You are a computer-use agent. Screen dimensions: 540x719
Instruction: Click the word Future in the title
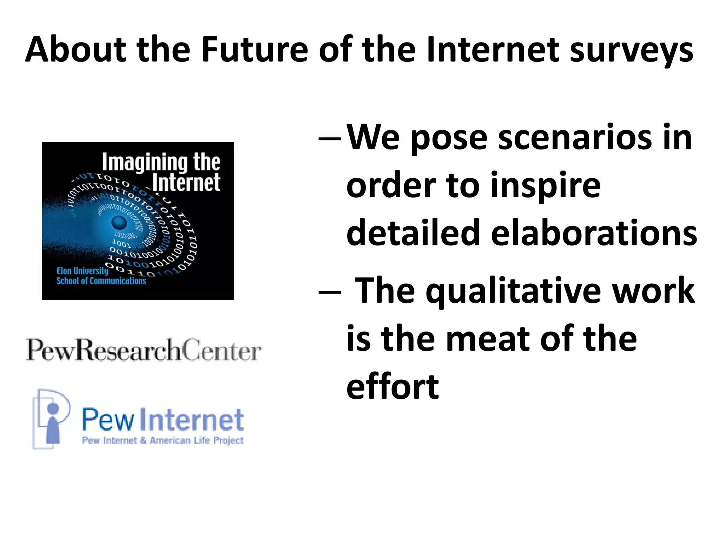tap(255, 50)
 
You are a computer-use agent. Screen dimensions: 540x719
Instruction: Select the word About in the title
tap(76, 50)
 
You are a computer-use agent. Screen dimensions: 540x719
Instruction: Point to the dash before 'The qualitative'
tap(329, 292)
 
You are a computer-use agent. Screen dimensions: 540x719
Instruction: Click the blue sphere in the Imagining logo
tap(119, 223)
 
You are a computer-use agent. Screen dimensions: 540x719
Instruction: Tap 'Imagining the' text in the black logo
tap(161, 162)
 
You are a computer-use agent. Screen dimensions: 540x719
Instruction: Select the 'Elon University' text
tap(83, 271)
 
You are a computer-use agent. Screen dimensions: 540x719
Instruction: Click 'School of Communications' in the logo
tap(101, 281)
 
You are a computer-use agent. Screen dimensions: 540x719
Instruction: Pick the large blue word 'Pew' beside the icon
tap(108, 420)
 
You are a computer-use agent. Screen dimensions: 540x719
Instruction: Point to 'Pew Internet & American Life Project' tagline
tap(163, 441)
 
